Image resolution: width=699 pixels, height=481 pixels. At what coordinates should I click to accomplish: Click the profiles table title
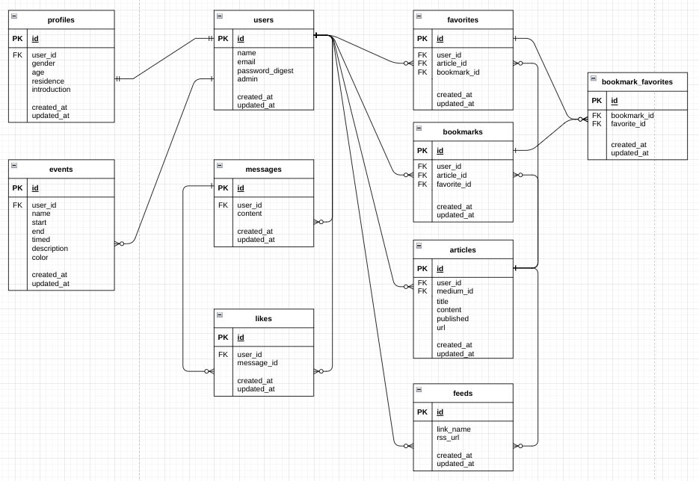pos(61,19)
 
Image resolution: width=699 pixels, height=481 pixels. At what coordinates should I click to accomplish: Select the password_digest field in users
pos(265,70)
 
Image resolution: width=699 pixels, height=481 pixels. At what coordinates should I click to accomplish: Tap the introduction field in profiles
pos(51,90)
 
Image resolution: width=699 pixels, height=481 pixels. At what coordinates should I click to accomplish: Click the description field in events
pos(49,249)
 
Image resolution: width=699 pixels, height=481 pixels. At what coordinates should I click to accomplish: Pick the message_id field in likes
pos(257,363)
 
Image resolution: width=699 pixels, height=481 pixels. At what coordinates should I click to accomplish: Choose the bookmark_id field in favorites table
pos(458,72)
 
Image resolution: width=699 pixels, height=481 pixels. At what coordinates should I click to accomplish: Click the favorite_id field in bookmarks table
pos(453,184)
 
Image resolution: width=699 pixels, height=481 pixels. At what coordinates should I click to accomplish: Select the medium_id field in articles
pos(455,291)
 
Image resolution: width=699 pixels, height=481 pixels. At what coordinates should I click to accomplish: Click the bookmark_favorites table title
pos(637,81)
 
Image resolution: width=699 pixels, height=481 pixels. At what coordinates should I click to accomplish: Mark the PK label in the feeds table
pos(422,412)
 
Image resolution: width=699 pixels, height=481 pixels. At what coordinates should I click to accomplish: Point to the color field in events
pos(40,258)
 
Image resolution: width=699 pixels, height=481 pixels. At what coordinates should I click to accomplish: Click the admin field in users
pos(247,79)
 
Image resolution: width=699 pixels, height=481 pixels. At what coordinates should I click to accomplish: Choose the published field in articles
pos(452,318)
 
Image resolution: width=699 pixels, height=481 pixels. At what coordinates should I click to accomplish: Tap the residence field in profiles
pos(48,81)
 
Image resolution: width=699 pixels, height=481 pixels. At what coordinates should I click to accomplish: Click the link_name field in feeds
pos(453,429)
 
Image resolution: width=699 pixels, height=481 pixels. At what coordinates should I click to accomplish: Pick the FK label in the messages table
pos(223,205)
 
